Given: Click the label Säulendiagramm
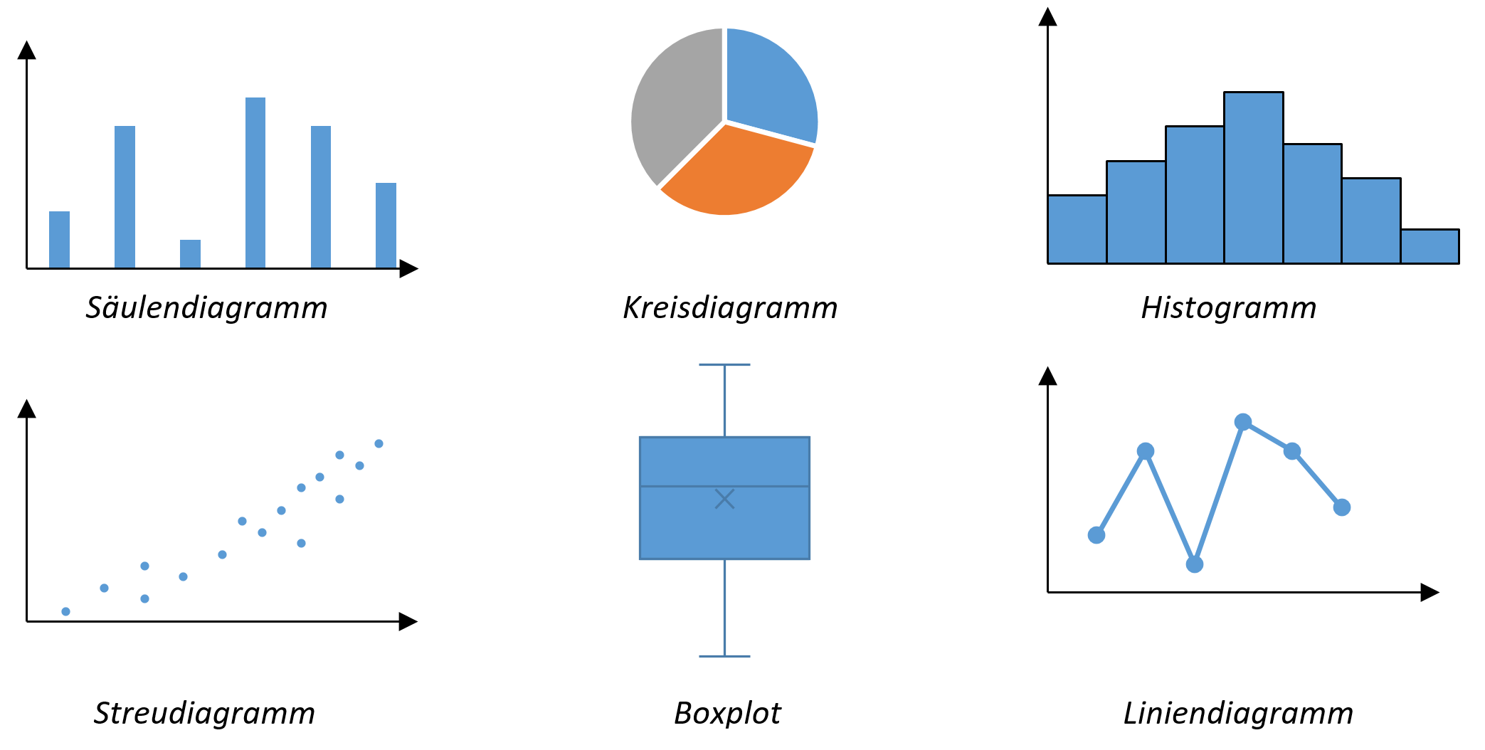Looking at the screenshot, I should [206, 308].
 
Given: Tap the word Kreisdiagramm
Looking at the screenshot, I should [730, 308].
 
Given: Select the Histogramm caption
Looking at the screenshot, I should [1229, 308].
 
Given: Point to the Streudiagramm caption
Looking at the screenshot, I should [204, 713].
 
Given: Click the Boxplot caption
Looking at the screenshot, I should [727, 713].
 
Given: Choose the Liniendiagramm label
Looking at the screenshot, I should [1238, 713].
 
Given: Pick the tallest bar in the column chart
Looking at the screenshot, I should [255, 182].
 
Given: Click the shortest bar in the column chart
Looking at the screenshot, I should [190, 253].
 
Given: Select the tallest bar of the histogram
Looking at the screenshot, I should [1254, 178].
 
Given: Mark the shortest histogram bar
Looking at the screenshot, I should [1429, 246].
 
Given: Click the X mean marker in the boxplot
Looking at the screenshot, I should [724, 499].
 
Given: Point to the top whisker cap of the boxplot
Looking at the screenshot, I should [724, 365].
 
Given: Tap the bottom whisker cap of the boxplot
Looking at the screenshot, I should [724, 656].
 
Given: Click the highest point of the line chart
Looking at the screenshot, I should [1243, 422].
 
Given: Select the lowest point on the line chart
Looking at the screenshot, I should [1195, 564].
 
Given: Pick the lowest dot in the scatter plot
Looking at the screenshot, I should [65, 611].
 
